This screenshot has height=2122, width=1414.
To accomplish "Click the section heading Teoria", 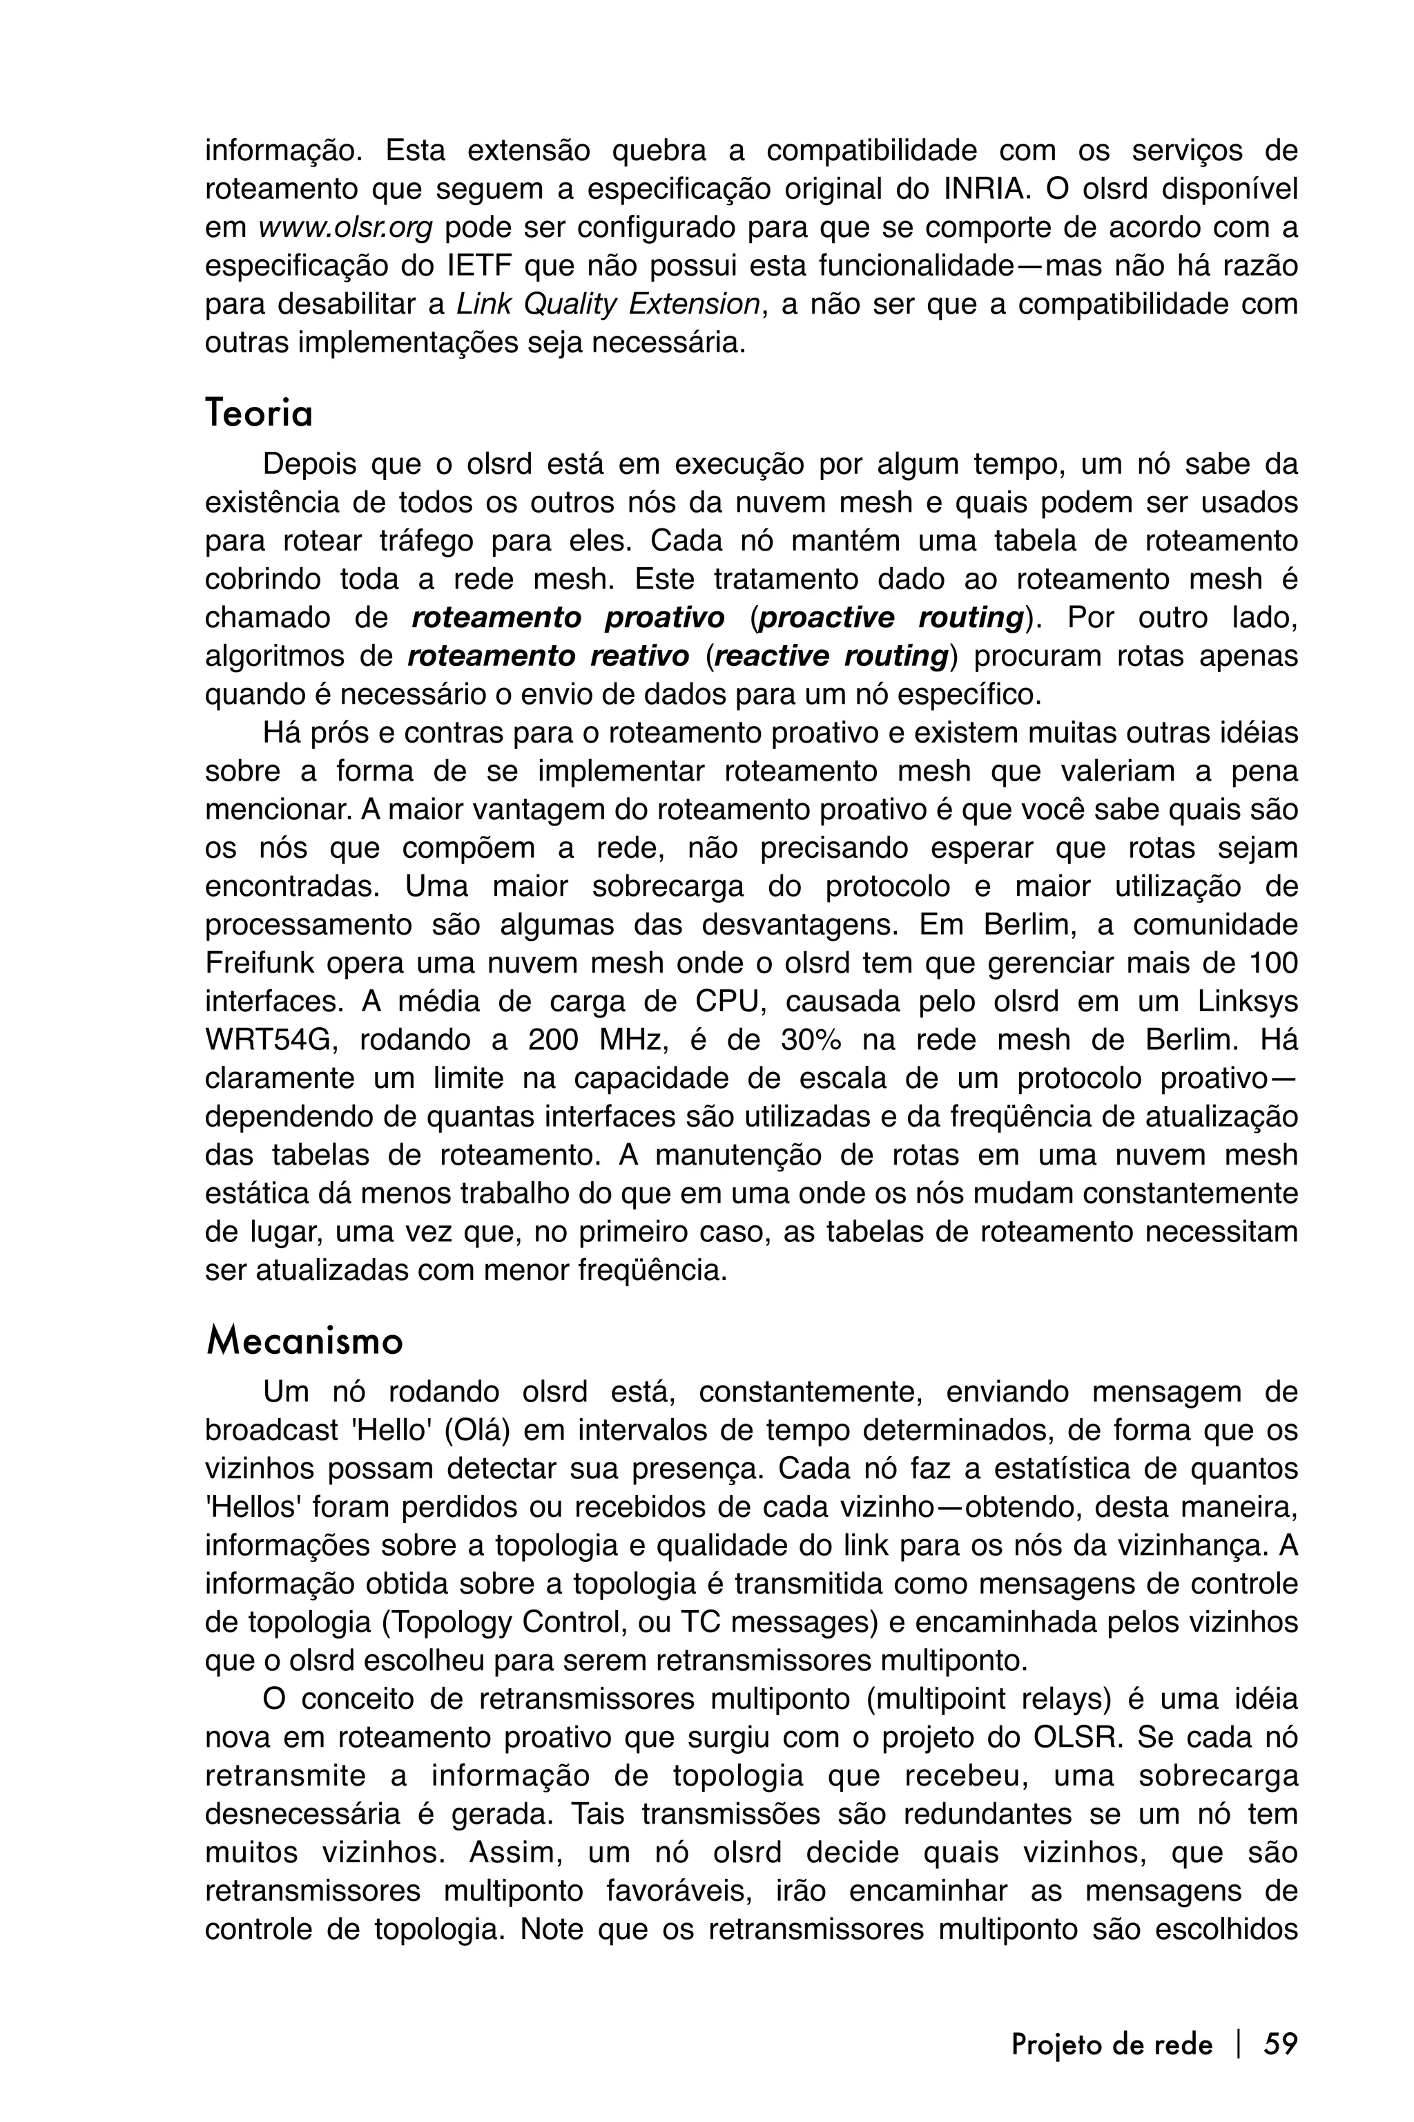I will (x=259, y=414).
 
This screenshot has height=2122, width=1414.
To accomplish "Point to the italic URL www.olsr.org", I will (x=345, y=228).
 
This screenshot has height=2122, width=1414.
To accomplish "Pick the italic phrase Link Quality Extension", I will (x=608, y=305).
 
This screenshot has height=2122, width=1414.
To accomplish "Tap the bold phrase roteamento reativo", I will (x=548, y=656).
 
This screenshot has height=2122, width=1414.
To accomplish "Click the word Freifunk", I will (x=259, y=964).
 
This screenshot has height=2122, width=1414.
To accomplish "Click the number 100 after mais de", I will (x=1272, y=964).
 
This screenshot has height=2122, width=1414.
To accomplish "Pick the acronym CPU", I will (x=724, y=1002).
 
